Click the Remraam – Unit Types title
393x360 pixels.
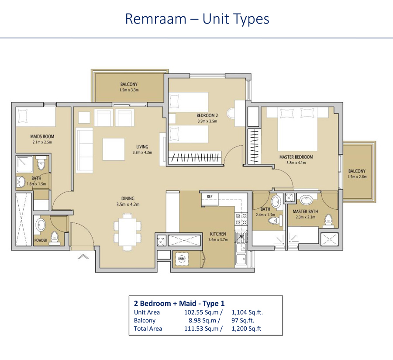(x=197, y=19)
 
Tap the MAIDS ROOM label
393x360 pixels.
(x=42, y=136)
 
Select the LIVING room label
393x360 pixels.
(x=142, y=147)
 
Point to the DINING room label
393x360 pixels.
(x=128, y=198)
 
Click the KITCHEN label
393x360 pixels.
(x=217, y=234)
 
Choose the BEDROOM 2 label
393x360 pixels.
(x=207, y=115)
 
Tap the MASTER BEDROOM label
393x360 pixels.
(x=296, y=157)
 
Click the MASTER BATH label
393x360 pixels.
(x=305, y=211)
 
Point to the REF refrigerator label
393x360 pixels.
(x=209, y=197)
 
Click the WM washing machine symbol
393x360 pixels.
(x=182, y=260)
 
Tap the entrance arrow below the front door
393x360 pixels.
(x=83, y=257)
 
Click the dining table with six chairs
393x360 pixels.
(x=128, y=231)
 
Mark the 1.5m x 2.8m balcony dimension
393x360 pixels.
(x=357, y=177)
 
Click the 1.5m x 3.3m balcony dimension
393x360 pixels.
(x=129, y=90)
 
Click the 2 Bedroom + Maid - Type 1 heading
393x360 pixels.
(x=179, y=303)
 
